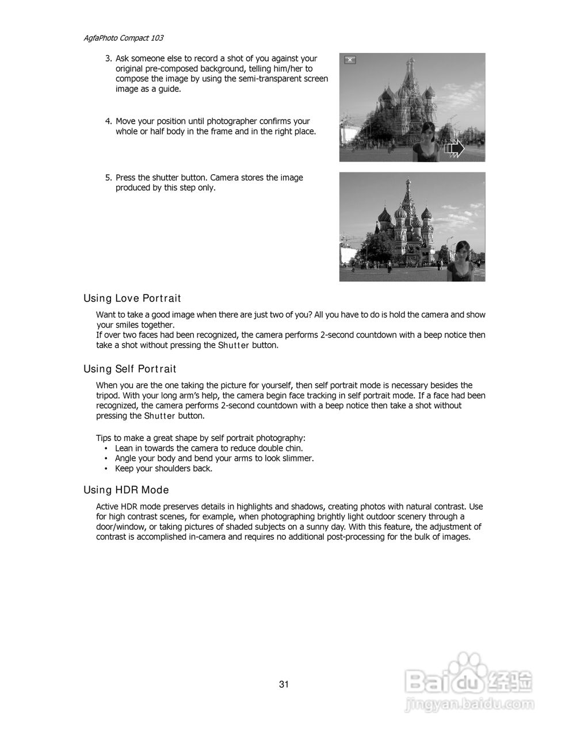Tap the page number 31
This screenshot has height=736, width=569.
[284, 684]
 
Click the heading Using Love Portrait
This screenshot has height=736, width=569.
[132, 298]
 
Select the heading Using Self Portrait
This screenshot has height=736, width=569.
[129, 369]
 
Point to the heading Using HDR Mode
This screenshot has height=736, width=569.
[126, 490]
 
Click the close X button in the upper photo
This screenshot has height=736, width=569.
[350, 60]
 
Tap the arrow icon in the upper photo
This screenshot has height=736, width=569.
[455, 148]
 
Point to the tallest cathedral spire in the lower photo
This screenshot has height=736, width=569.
[407, 190]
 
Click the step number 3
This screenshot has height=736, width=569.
[108, 59]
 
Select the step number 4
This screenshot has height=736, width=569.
[108, 121]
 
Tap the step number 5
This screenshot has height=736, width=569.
[108, 178]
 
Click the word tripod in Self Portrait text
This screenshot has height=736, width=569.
[108, 396]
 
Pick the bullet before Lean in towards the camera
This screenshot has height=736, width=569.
[106, 448]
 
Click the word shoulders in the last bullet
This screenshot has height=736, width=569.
[171, 469]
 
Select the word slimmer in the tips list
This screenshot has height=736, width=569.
[298, 458]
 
